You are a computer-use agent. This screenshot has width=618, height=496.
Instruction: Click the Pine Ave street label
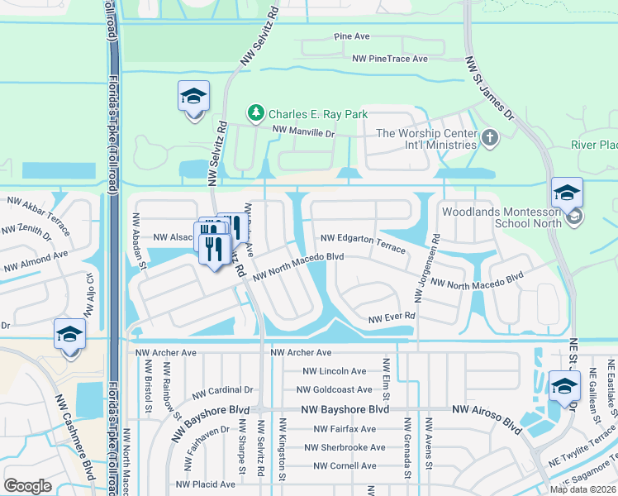click(351, 37)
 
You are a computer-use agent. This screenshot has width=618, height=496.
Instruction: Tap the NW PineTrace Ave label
click(390, 59)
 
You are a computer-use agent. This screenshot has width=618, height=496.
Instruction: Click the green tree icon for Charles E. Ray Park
click(256, 113)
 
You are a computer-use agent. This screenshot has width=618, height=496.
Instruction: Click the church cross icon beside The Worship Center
click(489, 137)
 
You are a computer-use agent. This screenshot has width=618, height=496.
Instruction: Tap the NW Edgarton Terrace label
click(363, 242)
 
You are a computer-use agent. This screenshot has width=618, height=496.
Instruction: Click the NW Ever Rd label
click(391, 317)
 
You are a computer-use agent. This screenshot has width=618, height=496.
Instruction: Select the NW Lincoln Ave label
click(335, 371)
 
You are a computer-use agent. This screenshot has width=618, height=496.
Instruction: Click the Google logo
click(28, 486)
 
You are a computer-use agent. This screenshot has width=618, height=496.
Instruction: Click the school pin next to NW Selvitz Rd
click(193, 98)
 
